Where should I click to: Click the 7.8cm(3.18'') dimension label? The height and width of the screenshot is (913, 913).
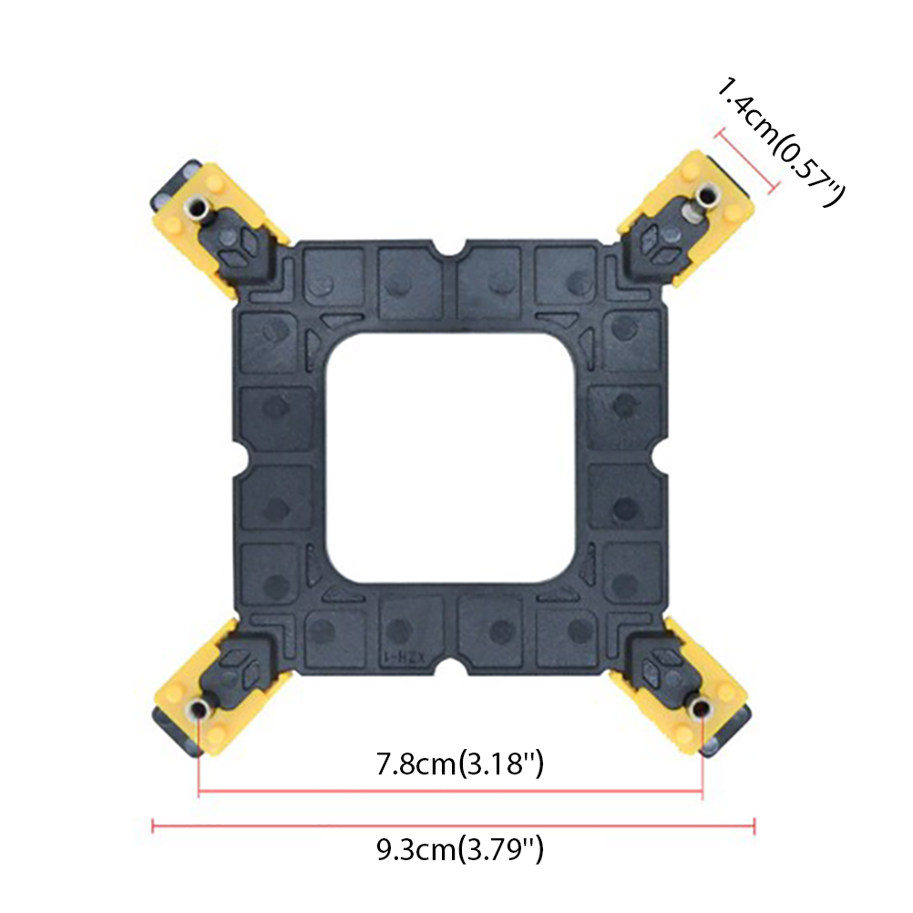pyautogui.click(x=459, y=764)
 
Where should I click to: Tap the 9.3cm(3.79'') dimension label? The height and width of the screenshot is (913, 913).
pyautogui.click(x=459, y=849)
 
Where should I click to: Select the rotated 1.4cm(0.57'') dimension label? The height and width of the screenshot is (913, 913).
pyautogui.click(x=779, y=142)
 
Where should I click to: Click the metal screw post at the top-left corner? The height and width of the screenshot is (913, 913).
pyautogui.click(x=199, y=206)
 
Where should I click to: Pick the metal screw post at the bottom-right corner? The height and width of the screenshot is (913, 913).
pyautogui.click(x=702, y=708)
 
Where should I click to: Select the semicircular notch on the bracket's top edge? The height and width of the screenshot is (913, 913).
pyautogui.click(x=454, y=248)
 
